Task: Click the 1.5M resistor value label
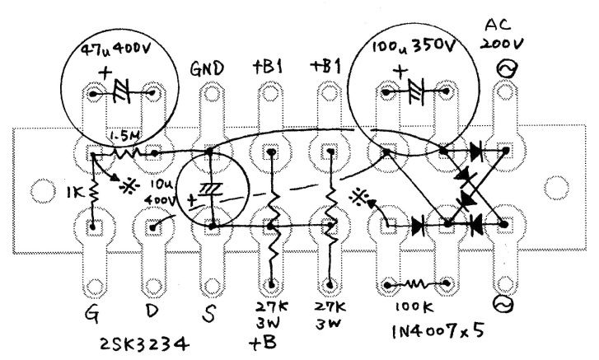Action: tap(123, 133)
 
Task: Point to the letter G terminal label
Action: tap(93, 311)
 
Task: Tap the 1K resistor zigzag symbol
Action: tap(93, 194)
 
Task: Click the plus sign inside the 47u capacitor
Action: tap(105, 73)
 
